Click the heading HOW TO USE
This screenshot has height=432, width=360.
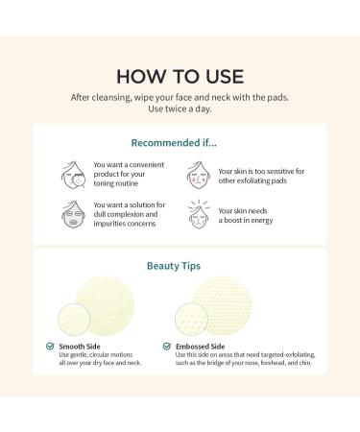[x=180, y=77]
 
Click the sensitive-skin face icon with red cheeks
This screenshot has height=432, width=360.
[x=199, y=175]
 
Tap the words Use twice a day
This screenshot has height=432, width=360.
[x=180, y=108]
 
